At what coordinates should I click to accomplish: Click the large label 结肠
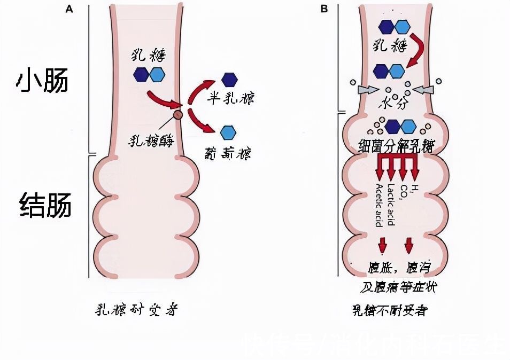tap(45, 206)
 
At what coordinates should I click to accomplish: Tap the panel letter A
tap(68, 9)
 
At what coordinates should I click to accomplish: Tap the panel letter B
tap(323, 9)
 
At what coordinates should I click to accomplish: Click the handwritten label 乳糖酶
tap(152, 140)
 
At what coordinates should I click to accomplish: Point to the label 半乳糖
tap(230, 99)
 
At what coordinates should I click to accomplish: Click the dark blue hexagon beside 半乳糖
tap(229, 79)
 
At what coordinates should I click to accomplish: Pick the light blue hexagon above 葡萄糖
tap(228, 131)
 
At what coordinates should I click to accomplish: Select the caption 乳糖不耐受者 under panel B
tap(389, 310)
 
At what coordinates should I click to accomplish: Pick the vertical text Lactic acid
tap(391, 204)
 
